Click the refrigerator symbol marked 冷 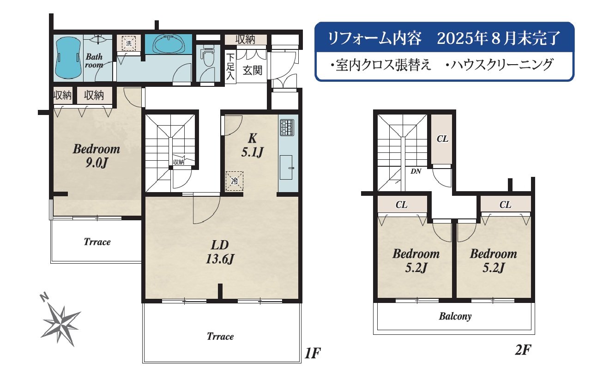coord(235,181)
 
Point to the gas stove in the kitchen coord(287,127)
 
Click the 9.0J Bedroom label coord(97,156)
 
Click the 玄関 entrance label coord(253,71)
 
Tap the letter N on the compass coord(44,298)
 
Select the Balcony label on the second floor coord(455,317)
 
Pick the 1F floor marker coord(312,353)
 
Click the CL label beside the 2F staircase coord(442,139)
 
